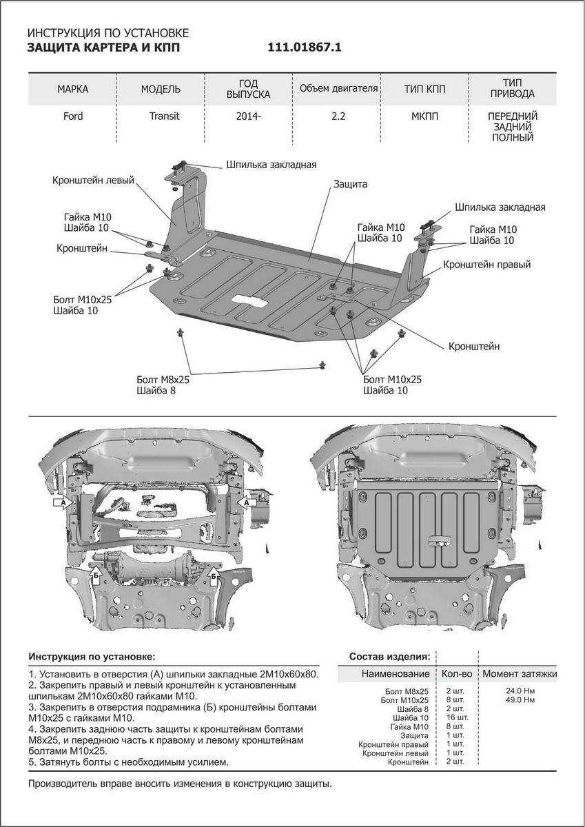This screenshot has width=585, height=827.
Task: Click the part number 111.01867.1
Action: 304,48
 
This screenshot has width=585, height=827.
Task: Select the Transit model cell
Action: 164,116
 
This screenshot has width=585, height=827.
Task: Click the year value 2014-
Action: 249,116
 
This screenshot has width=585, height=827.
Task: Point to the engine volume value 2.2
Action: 338,116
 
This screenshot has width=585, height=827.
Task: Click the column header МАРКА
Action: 73,90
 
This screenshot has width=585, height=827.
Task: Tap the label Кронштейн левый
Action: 92,181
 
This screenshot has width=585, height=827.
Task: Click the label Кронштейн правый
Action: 486,264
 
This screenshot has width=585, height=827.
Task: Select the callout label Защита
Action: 350,185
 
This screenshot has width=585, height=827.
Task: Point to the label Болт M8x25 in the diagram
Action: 163,379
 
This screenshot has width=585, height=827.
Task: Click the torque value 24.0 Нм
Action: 519,691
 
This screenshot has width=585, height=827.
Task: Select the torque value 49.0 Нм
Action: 519,700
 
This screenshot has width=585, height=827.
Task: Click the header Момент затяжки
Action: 519,673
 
